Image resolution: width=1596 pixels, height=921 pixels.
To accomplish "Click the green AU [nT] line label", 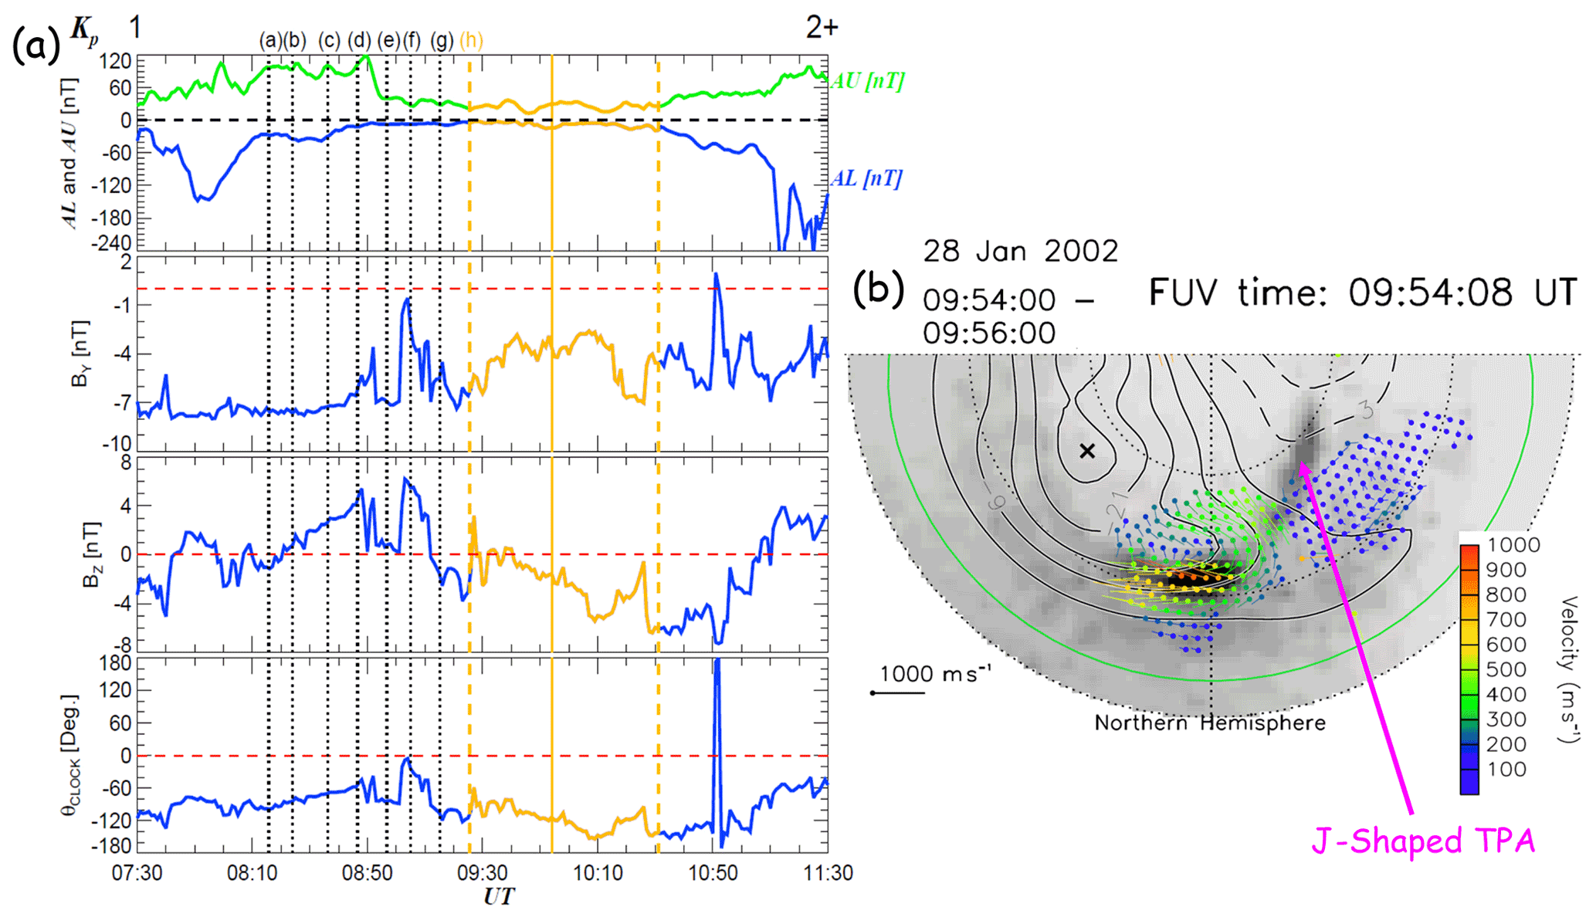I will [x=867, y=81].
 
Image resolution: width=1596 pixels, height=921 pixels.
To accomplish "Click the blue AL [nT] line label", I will [x=866, y=179].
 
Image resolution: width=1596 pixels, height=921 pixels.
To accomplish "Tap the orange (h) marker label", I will [x=471, y=40].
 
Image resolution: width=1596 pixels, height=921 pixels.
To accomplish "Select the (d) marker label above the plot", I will [x=359, y=40].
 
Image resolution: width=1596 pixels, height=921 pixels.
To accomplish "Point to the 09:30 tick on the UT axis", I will [x=483, y=873].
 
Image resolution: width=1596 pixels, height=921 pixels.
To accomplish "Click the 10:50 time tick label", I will [x=713, y=873].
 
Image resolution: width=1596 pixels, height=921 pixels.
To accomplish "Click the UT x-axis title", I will [x=499, y=897].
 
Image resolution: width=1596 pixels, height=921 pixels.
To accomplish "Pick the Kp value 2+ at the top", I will [x=822, y=28].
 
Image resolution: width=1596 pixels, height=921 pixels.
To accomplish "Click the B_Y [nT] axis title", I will [x=80, y=354].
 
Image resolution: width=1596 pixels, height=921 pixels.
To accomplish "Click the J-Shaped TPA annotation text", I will [x=1422, y=841].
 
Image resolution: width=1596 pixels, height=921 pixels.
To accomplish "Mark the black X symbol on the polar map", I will [x=1087, y=451].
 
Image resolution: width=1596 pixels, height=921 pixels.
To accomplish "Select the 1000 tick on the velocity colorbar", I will [x=1513, y=545].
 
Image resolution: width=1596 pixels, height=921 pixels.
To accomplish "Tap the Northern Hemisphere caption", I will [x=1210, y=723].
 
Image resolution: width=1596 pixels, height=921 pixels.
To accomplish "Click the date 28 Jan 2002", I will [x=1020, y=252].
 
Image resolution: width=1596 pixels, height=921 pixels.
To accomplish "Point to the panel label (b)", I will [x=878, y=289].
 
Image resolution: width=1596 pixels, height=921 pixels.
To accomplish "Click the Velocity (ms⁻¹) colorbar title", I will [x=1568, y=669].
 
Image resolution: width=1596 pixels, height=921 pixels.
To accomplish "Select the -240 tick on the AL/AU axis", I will [x=112, y=243].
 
